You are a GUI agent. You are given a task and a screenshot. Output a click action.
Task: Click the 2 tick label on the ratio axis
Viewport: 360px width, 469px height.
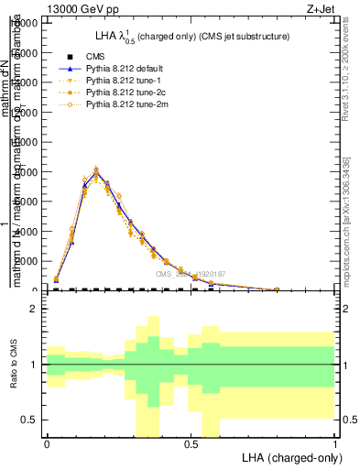34,310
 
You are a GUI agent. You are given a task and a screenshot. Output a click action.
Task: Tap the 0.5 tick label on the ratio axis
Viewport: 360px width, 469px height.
30,420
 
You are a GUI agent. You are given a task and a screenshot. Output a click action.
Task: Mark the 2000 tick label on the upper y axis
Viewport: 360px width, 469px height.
27,261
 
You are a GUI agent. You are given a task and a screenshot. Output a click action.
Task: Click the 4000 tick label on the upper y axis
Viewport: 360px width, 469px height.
27,231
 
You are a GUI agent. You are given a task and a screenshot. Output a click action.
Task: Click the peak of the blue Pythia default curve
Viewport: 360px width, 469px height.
96,171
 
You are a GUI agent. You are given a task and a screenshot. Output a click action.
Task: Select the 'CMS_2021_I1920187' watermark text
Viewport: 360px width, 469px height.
190,274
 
